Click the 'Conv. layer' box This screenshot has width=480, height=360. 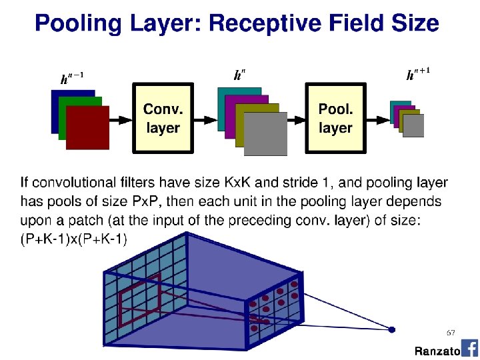click(163, 118)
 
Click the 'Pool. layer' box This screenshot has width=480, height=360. click(335, 118)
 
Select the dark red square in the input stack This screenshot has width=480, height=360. click(87, 127)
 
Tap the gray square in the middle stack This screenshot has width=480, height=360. click(265, 133)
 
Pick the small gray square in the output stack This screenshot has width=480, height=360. click(414, 125)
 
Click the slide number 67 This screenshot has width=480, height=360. click(451, 331)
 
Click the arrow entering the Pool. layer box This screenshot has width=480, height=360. click(295, 119)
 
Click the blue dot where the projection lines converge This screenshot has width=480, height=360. click(392, 329)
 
